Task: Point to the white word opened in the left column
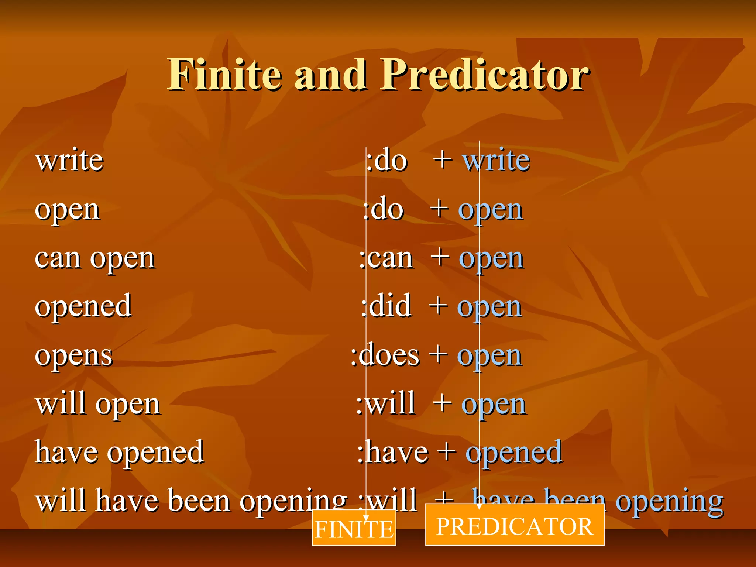(x=83, y=306)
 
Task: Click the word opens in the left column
(x=73, y=356)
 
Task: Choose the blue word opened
(x=514, y=453)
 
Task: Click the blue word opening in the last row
(x=670, y=501)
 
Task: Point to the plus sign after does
(x=439, y=355)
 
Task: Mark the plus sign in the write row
(x=443, y=160)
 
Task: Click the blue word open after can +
(x=491, y=258)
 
